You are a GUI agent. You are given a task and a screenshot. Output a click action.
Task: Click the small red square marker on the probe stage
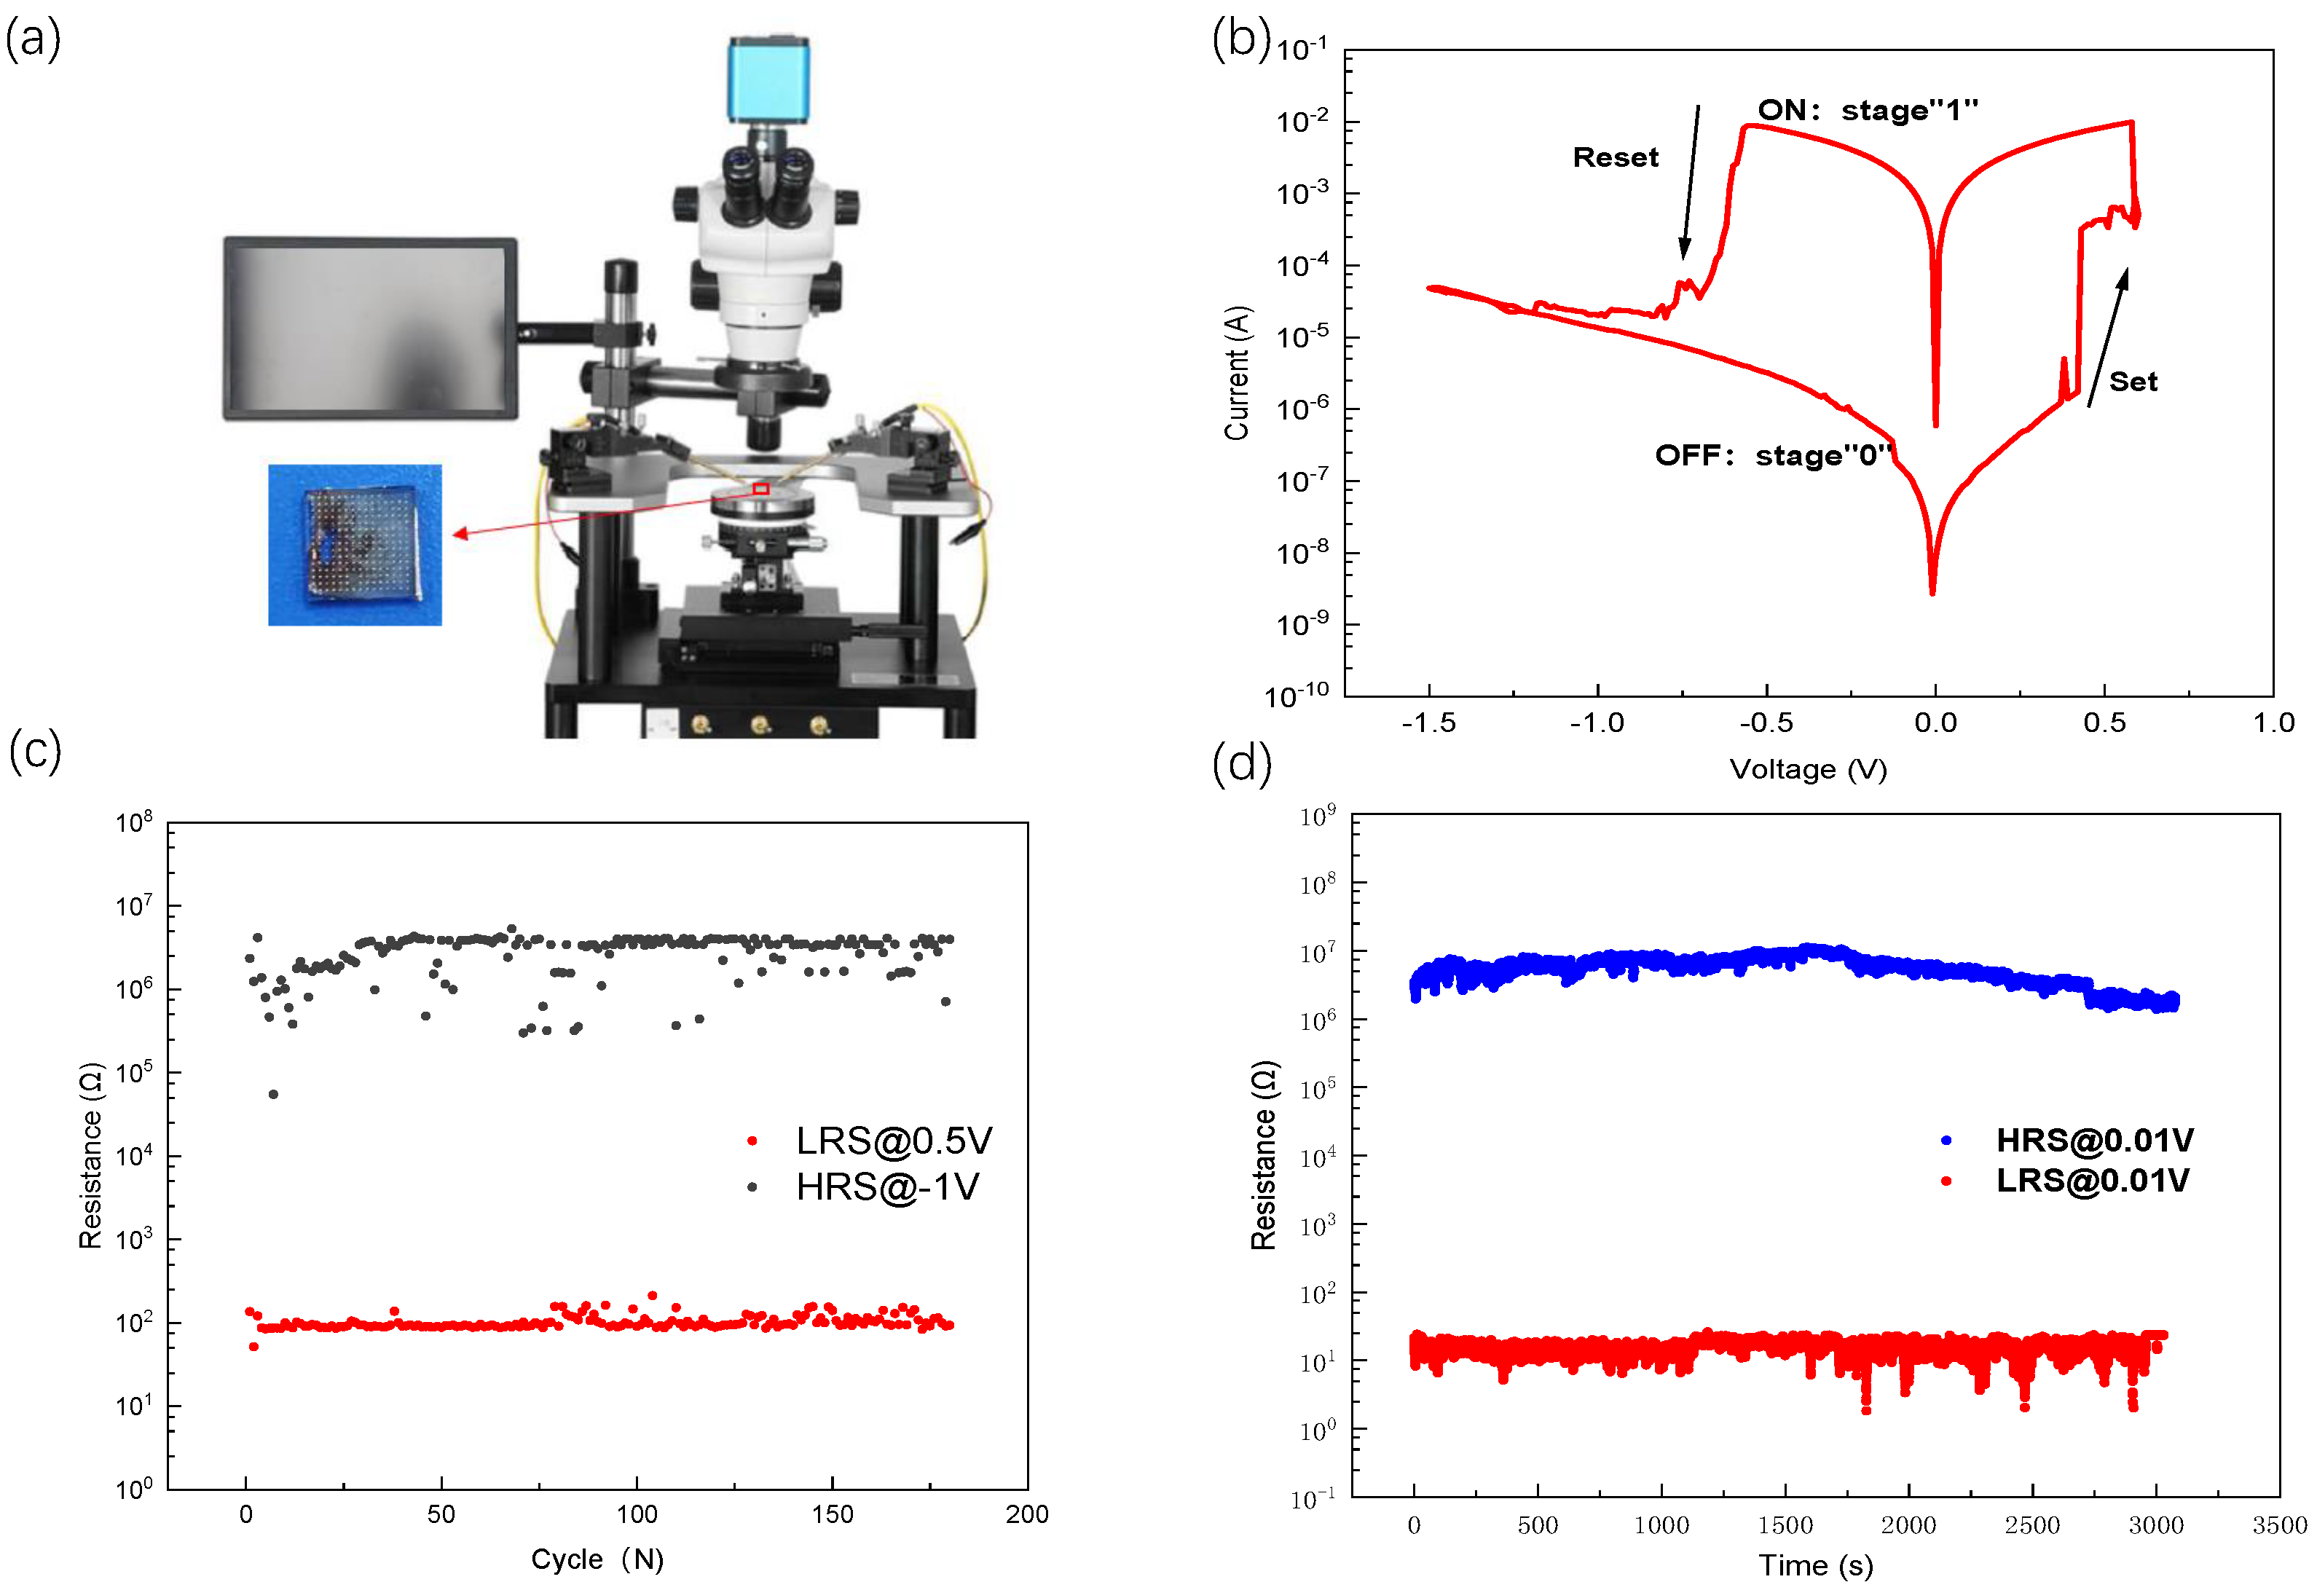pyautogui.click(x=760, y=489)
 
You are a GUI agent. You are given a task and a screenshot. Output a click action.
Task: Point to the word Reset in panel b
pyautogui.click(x=1615, y=157)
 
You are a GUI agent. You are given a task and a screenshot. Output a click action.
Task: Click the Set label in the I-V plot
pyautogui.click(x=2133, y=382)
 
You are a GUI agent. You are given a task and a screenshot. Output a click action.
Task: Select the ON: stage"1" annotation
pyautogui.click(x=1868, y=110)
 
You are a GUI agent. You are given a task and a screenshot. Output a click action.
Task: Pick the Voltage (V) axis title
pyautogui.click(x=1808, y=770)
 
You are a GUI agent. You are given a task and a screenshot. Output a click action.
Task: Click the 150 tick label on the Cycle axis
pyautogui.click(x=832, y=1514)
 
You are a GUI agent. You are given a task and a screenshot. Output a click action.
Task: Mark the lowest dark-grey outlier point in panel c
pyautogui.click(x=273, y=1095)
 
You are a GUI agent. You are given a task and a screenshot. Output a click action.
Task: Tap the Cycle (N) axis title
pyautogui.click(x=597, y=1559)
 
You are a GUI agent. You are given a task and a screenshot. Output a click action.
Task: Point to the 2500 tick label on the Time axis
pyautogui.click(x=2032, y=1525)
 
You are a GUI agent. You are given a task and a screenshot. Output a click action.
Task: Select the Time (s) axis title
pyautogui.click(x=1814, y=1565)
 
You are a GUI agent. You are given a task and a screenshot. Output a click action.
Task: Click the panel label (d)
pyautogui.click(x=1241, y=765)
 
